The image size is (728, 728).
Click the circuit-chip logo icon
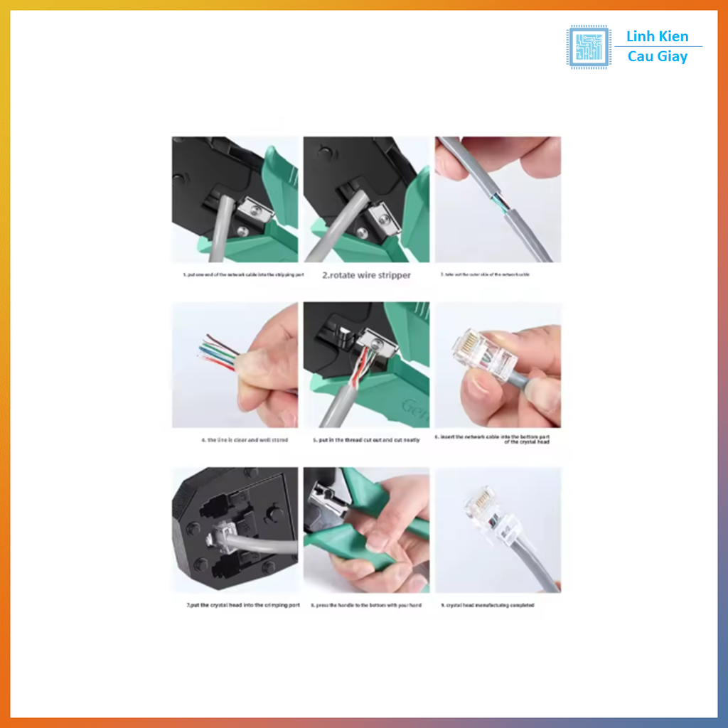[x=588, y=47]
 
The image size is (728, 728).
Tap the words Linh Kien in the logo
[x=657, y=37]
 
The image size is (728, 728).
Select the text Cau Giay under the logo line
[x=657, y=57]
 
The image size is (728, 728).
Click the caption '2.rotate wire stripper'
[x=366, y=275]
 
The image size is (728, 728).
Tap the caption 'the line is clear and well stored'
[x=245, y=440]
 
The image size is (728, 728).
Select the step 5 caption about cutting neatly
[x=366, y=440]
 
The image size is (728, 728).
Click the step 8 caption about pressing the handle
[x=366, y=606]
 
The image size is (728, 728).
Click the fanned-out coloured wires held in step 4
[x=217, y=352]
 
